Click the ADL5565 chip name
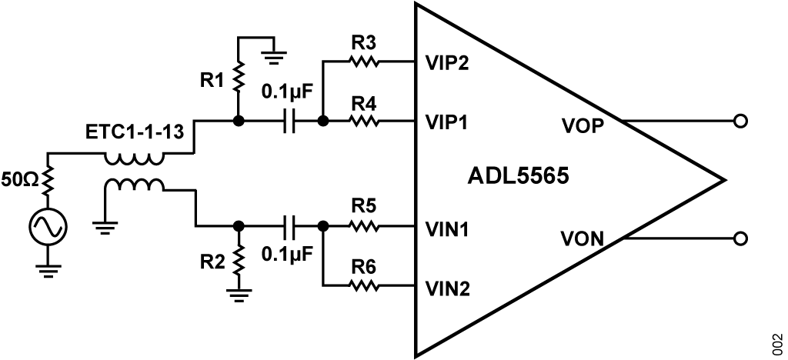pyautogui.click(x=518, y=177)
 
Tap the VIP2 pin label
pyautogui.click(x=448, y=62)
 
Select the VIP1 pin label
pyautogui.click(x=448, y=122)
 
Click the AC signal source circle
pyautogui.click(x=48, y=226)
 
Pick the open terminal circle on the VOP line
pyautogui.click(x=740, y=122)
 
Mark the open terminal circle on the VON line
pyautogui.click(x=740, y=239)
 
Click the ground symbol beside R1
pyautogui.click(x=275, y=55)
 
